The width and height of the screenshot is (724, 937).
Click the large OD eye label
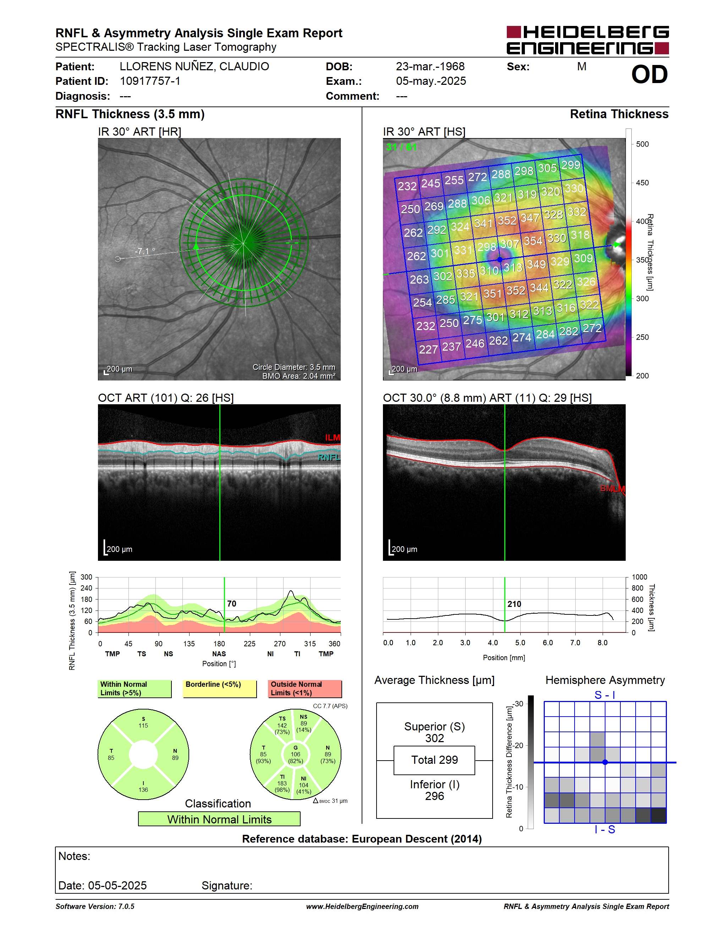click(649, 75)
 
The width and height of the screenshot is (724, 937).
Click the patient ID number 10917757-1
click(150, 81)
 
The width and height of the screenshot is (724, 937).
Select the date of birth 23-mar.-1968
click(430, 66)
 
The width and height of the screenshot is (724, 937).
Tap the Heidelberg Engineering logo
click(588, 40)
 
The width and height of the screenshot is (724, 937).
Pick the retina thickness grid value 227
click(428, 349)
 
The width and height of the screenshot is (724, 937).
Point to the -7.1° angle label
click(145, 251)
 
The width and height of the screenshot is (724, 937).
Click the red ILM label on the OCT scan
click(333, 438)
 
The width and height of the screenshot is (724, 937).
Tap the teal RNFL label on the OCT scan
click(329, 457)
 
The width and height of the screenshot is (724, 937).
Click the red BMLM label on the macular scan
click(613, 489)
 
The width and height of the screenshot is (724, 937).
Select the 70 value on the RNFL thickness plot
click(232, 604)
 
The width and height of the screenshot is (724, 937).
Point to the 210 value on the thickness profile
click(514, 604)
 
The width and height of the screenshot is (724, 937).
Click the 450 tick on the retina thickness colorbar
click(642, 183)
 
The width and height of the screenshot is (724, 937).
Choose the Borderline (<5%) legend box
click(220, 689)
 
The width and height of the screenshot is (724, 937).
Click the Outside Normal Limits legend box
click(305, 689)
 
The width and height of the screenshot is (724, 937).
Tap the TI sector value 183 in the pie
click(282, 783)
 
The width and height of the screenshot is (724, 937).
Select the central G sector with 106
click(296, 754)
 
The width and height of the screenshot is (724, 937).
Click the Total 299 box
click(434, 760)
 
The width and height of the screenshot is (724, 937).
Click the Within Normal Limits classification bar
click(219, 819)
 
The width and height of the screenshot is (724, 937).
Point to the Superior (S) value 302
click(434, 738)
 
